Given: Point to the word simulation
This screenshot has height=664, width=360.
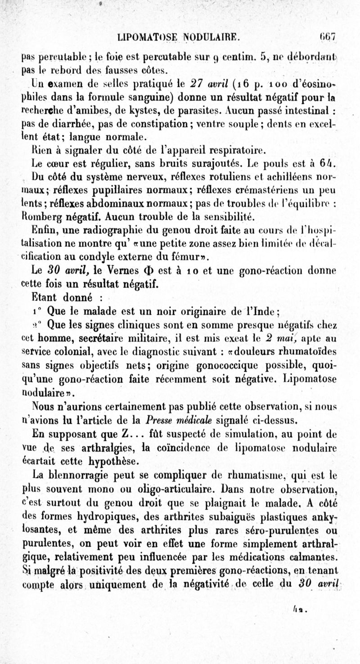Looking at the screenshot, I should [x=263, y=435].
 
